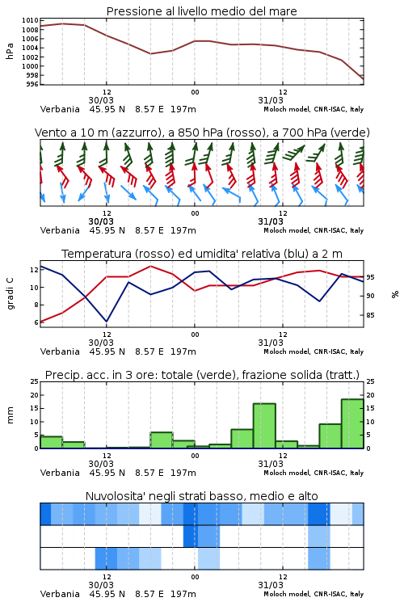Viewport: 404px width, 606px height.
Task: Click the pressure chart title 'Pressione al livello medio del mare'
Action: (201, 11)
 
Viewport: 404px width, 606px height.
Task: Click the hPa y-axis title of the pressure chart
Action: (10, 51)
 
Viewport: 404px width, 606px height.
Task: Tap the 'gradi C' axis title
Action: (11, 294)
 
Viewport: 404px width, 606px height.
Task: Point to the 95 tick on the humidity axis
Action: (370, 277)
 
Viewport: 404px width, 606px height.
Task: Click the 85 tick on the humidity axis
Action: (370, 315)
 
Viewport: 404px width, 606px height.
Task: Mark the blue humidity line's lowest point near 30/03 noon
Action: (107, 322)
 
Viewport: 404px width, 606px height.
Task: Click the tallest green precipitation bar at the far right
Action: (352, 423)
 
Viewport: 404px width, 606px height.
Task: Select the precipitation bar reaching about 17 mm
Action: (264, 426)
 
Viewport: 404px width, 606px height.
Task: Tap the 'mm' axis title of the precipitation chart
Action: (10, 415)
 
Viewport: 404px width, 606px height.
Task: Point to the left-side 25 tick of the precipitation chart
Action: (34, 381)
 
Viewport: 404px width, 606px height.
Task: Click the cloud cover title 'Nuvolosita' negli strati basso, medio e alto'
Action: (201, 496)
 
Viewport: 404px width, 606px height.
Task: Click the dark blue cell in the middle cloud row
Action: (190, 536)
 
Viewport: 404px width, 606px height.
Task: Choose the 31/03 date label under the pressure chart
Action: (270, 100)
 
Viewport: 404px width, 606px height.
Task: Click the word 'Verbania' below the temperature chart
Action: (60, 351)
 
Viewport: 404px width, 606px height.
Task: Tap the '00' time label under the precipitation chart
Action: (195, 456)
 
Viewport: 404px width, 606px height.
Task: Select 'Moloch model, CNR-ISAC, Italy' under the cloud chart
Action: (314, 594)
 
